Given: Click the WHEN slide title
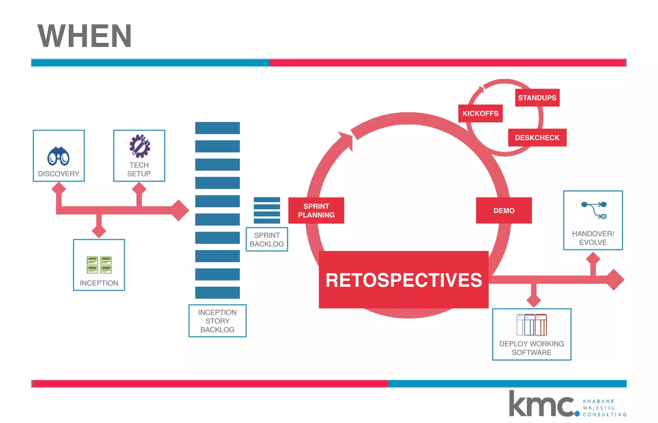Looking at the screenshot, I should [x=84, y=36].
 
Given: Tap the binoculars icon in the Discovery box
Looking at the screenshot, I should [x=58, y=156].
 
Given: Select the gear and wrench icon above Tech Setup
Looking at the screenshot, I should [x=139, y=146].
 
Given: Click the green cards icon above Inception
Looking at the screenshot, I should [x=99, y=265].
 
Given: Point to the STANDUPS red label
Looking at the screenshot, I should [x=537, y=98].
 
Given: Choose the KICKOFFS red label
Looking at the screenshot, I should [x=480, y=113].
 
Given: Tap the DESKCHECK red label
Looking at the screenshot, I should [x=537, y=138].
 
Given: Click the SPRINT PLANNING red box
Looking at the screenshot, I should [x=316, y=211].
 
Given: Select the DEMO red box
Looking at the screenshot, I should [x=503, y=211].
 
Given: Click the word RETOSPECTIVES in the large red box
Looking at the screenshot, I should [x=404, y=280].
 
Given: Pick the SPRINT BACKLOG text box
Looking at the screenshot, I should [x=267, y=239].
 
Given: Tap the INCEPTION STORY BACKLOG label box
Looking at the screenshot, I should [x=217, y=321].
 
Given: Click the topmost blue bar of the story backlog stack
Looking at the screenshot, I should [x=217, y=128].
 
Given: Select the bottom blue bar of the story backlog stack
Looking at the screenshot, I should [x=217, y=292].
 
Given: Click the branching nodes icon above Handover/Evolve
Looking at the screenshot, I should [x=594, y=210].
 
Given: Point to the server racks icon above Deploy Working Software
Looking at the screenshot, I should [x=531, y=325].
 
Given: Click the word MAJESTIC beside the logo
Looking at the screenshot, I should [x=599, y=408].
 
